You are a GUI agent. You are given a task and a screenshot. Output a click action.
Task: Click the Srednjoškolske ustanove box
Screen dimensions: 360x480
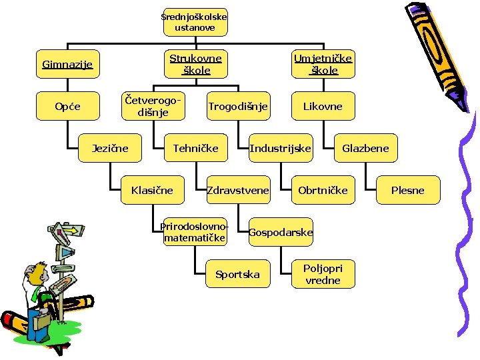pos(195,22)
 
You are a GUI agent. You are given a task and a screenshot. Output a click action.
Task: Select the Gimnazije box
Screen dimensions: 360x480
pos(67,65)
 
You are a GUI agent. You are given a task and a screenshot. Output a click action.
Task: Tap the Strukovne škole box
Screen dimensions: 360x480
pos(195,64)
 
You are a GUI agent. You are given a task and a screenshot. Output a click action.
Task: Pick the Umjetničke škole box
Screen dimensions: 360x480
pos(323,64)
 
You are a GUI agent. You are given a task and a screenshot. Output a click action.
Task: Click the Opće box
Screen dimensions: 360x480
pos(67,106)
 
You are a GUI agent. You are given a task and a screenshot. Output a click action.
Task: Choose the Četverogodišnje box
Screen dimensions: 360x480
pos(152,106)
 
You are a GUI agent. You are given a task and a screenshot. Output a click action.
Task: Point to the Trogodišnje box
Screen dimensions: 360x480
pos(237,106)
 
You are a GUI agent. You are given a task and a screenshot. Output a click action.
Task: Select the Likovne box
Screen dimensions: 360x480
pos(323,106)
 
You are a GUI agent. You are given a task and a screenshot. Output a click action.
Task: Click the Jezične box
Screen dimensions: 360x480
pos(110,148)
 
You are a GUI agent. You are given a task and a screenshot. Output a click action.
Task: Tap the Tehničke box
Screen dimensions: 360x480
pos(195,148)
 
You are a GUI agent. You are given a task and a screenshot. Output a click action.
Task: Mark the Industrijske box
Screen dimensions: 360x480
pos(280,148)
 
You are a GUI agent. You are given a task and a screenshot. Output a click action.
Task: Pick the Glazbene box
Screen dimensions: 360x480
pos(365,148)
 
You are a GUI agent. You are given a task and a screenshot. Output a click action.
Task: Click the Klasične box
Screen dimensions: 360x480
pos(152,190)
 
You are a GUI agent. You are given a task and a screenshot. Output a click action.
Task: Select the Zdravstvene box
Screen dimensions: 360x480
pos(238,190)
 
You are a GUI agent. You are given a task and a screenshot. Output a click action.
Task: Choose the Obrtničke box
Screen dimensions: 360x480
pos(323,190)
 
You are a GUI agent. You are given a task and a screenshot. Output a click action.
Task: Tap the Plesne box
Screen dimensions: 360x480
pos(407,190)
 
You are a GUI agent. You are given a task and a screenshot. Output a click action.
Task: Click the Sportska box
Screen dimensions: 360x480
pos(237,274)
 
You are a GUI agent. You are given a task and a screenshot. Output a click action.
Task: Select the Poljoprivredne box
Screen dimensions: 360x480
pos(323,274)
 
